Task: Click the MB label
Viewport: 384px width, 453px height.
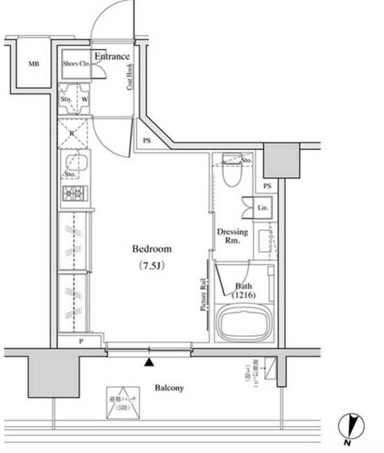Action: (x=33, y=64)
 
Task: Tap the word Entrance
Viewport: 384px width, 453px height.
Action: (x=112, y=57)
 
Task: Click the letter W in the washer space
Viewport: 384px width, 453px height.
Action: (x=84, y=99)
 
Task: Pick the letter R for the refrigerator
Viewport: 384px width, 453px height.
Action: (x=72, y=133)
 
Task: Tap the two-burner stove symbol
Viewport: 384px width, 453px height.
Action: (x=75, y=193)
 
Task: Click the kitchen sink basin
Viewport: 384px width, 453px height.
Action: (x=75, y=162)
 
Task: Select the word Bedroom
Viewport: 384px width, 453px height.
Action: (x=152, y=249)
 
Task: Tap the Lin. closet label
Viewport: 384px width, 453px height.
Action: (x=262, y=208)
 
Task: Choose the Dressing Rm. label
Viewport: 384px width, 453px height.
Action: (x=232, y=235)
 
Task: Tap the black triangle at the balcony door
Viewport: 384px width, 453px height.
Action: (x=148, y=362)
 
